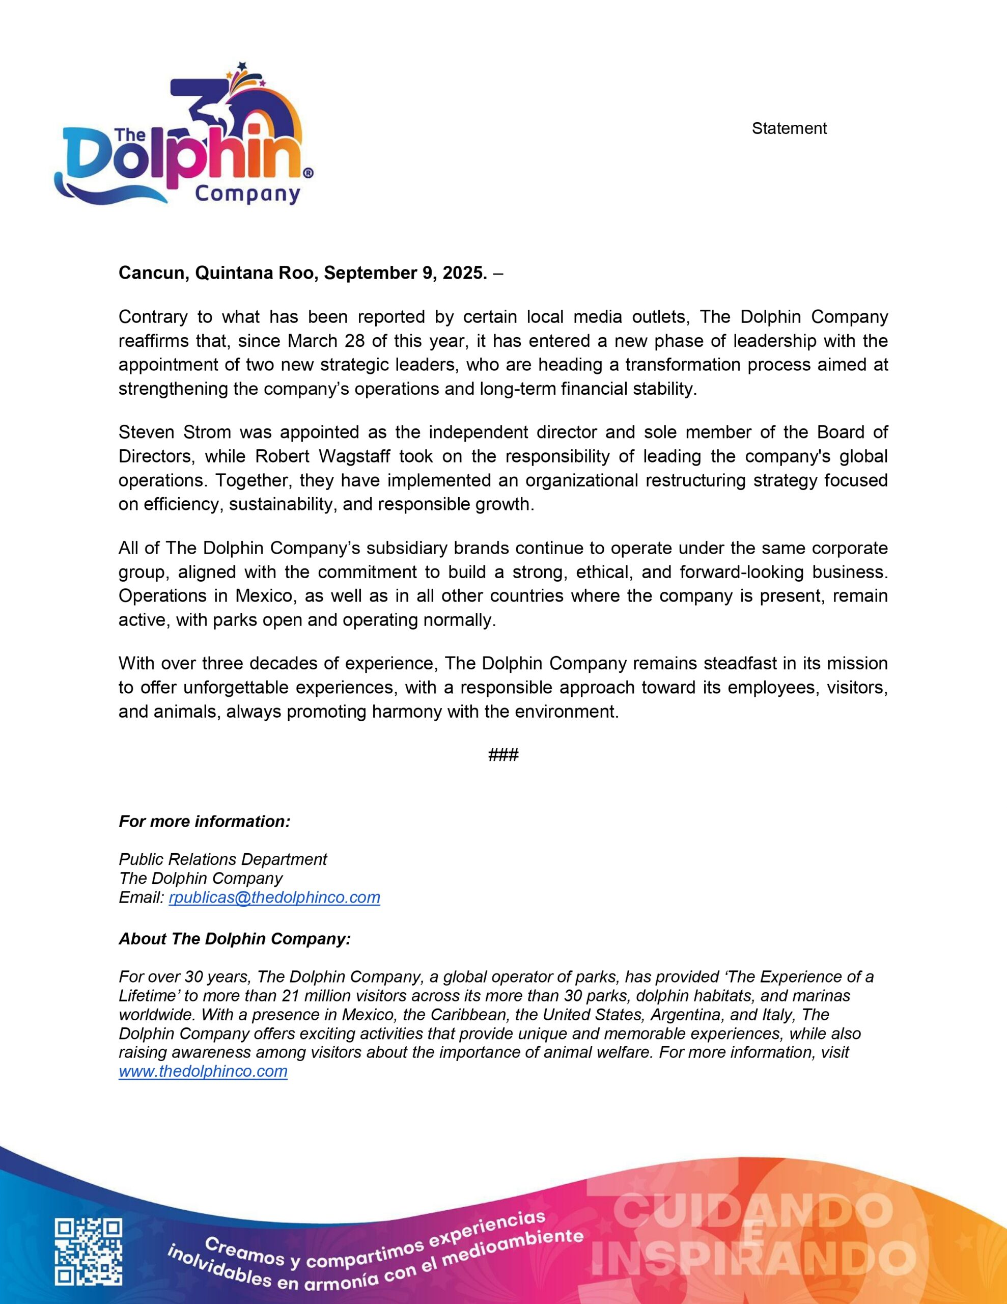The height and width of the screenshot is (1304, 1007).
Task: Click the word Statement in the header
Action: [x=789, y=128]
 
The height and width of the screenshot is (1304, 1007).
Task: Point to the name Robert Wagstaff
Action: [x=322, y=456]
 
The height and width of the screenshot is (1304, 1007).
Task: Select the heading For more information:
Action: [x=204, y=822]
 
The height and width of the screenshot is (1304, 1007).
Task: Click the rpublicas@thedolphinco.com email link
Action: [x=274, y=898]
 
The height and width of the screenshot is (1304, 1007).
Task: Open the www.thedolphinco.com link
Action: [x=203, y=1071]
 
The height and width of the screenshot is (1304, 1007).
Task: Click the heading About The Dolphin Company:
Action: [x=235, y=939]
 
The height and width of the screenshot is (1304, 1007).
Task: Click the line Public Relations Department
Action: [x=222, y=859]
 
